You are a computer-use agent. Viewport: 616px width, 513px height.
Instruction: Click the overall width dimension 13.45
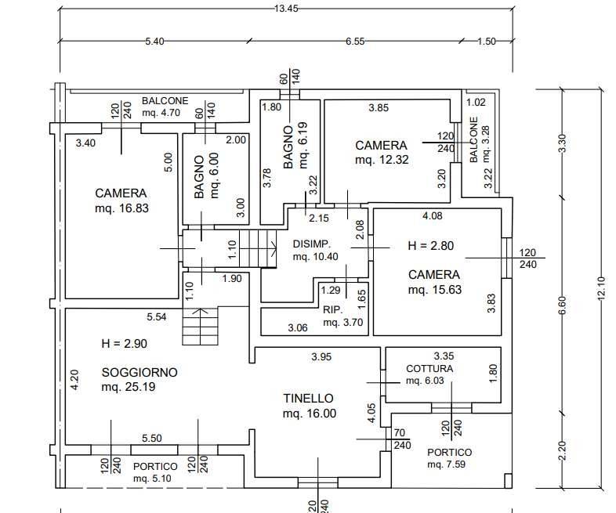[285, 9]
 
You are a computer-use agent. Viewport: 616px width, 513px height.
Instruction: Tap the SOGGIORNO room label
[140, 372]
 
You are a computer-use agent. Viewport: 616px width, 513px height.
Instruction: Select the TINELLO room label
[309, 399]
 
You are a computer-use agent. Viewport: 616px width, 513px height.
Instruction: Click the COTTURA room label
[429, 368]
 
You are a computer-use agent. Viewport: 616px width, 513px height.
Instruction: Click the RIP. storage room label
[332, 309]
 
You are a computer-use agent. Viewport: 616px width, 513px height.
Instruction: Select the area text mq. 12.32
[381, 160]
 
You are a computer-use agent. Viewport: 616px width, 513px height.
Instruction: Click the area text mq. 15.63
[433, 290]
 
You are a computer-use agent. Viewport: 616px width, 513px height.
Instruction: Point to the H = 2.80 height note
[431, 246]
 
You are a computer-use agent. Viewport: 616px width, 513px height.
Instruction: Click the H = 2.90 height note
[125, 343]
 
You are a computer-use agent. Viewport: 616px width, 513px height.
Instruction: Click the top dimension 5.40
[154, 42]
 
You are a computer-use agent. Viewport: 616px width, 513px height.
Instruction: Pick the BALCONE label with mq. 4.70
[165, 101]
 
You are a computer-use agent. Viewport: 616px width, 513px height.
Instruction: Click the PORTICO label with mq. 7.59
[449, 453]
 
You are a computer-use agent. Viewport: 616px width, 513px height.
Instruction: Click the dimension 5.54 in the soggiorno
[157, 316]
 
